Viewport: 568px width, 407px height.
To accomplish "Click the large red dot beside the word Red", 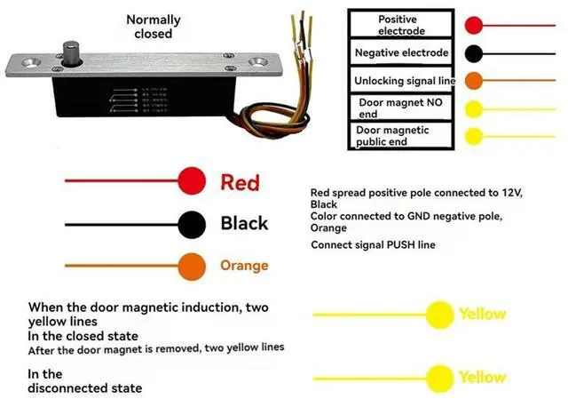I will tap(192, 181).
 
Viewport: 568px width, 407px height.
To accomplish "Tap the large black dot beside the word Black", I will tap(192, 223).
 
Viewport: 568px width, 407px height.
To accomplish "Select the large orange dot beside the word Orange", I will tap(192, 265).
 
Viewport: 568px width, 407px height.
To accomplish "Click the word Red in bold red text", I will tap(240, 182).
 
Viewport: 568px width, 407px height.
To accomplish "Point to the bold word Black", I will tap(244, 223).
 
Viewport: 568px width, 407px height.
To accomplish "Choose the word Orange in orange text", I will tap(244, 265).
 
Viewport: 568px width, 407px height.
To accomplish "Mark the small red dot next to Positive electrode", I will tap(474, 26).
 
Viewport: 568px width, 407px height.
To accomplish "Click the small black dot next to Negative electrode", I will tap(474, 53).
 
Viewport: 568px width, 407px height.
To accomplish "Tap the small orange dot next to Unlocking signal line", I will tap(474, 81).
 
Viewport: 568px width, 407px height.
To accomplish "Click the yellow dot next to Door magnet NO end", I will tap(474, 108).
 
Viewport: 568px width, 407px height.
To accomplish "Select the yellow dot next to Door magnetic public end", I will tap(474, 136).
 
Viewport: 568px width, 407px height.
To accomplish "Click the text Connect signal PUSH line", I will tap(373, 244).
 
